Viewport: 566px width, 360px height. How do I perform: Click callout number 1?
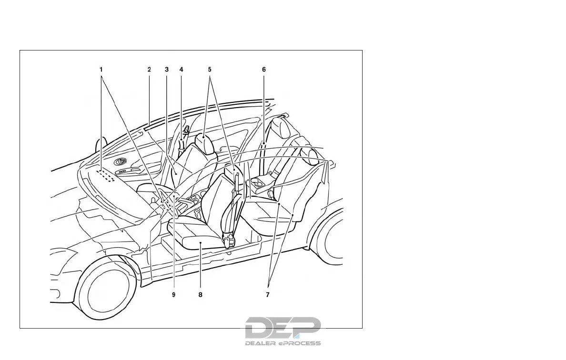tap(101, 69)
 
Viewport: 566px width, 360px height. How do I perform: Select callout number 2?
tap(149, 69)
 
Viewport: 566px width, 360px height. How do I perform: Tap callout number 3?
tap(166, 69)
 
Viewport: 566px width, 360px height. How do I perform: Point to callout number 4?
tap(181, 69)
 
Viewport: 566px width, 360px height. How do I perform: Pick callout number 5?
tap(210, 69)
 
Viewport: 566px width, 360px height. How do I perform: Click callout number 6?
tap(263, 69)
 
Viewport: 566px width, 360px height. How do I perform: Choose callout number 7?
tap(268, 295)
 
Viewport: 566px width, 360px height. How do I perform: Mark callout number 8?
tap(200, 295)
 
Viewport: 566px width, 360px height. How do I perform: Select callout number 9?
tap(174, 295)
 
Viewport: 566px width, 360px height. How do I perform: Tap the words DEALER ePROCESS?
tap(283, 343)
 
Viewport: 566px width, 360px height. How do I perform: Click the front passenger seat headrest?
tap(204, 143)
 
